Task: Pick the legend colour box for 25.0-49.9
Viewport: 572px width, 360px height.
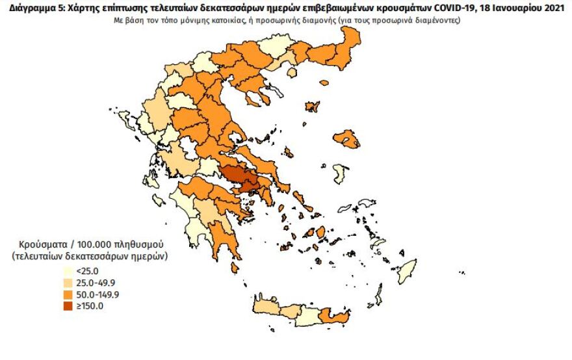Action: [68, 283]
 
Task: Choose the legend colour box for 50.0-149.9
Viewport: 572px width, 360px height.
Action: [68, 295]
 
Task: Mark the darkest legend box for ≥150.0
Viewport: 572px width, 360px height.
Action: [68, 307]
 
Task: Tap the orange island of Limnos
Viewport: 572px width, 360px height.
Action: [312, 106]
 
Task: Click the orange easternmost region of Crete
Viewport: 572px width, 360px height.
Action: [335, 318]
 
